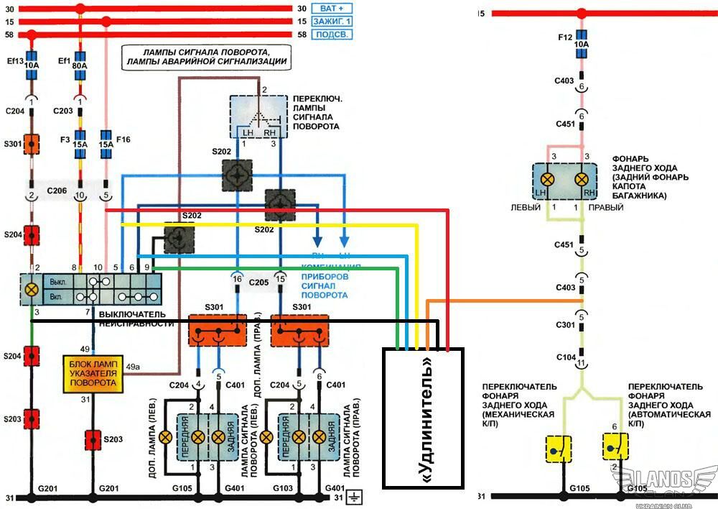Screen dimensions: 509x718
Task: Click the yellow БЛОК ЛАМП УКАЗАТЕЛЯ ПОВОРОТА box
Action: coord(93,374)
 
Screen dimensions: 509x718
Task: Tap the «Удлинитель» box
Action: coord(423,418)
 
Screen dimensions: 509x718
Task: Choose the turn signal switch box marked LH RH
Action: coord(258,116)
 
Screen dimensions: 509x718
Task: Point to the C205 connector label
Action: coord(258,283)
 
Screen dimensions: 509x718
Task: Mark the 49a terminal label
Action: coord(133,367)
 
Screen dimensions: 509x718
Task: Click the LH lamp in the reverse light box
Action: coord(547,178)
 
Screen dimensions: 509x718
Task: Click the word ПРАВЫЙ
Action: coord(606,207)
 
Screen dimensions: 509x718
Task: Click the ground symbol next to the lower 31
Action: coord(353,497)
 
